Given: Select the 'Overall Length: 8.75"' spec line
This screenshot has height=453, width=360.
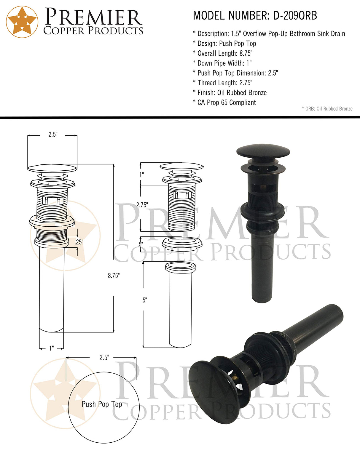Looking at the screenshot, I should click(225, 53).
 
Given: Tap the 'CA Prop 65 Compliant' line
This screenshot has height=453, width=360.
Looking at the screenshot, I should click(226, 103).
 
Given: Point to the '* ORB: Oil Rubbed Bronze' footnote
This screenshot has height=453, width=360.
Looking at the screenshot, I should click(327, 109).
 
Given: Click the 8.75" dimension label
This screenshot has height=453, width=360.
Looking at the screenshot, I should click(114, 276).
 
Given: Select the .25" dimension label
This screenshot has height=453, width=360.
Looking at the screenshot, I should click(79, 242).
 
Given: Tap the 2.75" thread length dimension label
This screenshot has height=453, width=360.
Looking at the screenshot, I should click(142, 205).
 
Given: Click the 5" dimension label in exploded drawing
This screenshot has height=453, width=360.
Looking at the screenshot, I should click(145, 300).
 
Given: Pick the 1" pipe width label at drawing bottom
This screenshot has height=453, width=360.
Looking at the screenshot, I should click(52, 348).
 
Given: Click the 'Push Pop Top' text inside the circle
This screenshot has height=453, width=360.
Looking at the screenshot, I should click(102, 404).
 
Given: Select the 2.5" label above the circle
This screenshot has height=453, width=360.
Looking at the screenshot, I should click(104, 358).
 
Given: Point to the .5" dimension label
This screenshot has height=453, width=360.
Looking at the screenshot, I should click(141, 244).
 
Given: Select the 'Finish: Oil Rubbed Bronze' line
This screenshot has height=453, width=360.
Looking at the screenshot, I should click(232, 93).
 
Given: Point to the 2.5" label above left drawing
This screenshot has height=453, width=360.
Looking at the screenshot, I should click(53, 135).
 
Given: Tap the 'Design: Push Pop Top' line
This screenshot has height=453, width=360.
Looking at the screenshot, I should click(227, 44).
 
